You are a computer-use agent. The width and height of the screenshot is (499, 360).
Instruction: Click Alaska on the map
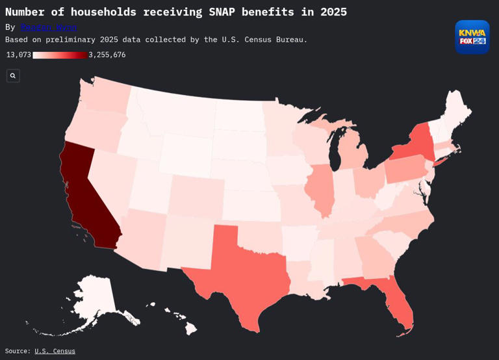coord(91,299)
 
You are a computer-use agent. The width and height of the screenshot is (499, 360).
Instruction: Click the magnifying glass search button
coord(13,76)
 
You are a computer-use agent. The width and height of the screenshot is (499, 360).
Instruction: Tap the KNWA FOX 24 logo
coord(472,37)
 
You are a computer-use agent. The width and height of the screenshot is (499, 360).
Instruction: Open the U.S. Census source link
coord(55,351)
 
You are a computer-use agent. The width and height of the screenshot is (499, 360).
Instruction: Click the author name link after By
coord(49,27)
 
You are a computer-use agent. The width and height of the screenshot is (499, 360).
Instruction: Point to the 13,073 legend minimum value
coord(18,55)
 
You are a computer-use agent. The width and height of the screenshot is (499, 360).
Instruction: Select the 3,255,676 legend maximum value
coord(107,55)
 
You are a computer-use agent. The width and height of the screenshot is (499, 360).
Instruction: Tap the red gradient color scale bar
coord(59,55)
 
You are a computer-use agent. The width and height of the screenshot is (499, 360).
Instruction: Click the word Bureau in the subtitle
coord(287,40)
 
